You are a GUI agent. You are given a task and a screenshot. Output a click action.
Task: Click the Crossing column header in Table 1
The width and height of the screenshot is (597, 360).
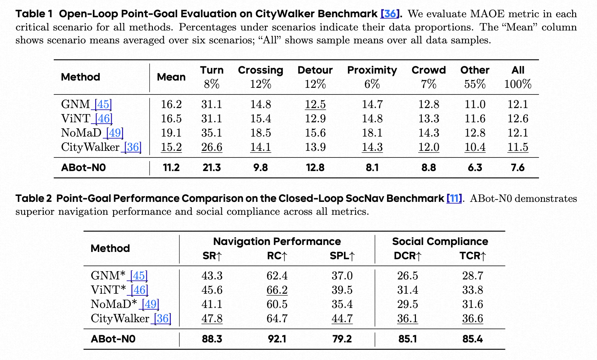[x=260, y=70]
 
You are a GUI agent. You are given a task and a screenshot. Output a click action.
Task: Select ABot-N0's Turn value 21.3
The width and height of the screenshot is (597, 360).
[x=212, y=168]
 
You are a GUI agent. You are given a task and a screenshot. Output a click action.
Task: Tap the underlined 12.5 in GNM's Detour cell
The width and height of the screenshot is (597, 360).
[x=315, y=104]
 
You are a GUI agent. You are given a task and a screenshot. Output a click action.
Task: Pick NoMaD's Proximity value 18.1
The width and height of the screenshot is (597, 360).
[x=372, y=133]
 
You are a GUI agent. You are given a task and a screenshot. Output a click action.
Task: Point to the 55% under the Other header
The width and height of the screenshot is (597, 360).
[x=475, y=84]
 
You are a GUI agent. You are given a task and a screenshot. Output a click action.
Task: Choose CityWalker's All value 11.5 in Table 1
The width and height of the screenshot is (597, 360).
[x=517, y=147]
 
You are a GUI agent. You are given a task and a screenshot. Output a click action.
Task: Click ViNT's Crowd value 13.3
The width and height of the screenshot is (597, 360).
[x=429, y=119]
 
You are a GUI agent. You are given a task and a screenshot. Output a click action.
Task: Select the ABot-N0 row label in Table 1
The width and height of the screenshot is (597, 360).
[x=83, y=168]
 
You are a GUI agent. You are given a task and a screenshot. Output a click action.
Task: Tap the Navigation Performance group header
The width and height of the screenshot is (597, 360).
[x=277, y=241]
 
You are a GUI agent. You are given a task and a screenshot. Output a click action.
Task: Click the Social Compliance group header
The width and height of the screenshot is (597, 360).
[x=440, y=241]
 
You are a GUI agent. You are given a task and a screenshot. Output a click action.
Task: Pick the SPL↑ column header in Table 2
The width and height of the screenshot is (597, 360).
[x=342, y=256]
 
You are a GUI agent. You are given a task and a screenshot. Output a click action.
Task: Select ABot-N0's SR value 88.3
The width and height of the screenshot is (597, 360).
[x=212, y=339]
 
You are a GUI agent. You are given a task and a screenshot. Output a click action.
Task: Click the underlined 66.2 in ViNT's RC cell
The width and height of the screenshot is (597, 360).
[x=277, y=290]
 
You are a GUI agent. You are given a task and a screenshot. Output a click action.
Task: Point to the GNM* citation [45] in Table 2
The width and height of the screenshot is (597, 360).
[x=139, y=276]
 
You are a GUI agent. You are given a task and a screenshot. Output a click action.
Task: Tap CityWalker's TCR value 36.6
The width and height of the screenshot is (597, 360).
[x=472, y=319]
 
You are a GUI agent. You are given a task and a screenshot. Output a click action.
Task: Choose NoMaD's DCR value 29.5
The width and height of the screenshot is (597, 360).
[x=407, y=304]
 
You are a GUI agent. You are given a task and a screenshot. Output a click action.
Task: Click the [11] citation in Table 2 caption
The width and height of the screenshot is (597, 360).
[x=454, y=199]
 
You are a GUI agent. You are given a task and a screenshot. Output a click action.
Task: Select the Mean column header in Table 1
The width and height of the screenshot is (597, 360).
[x=171, y=77]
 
